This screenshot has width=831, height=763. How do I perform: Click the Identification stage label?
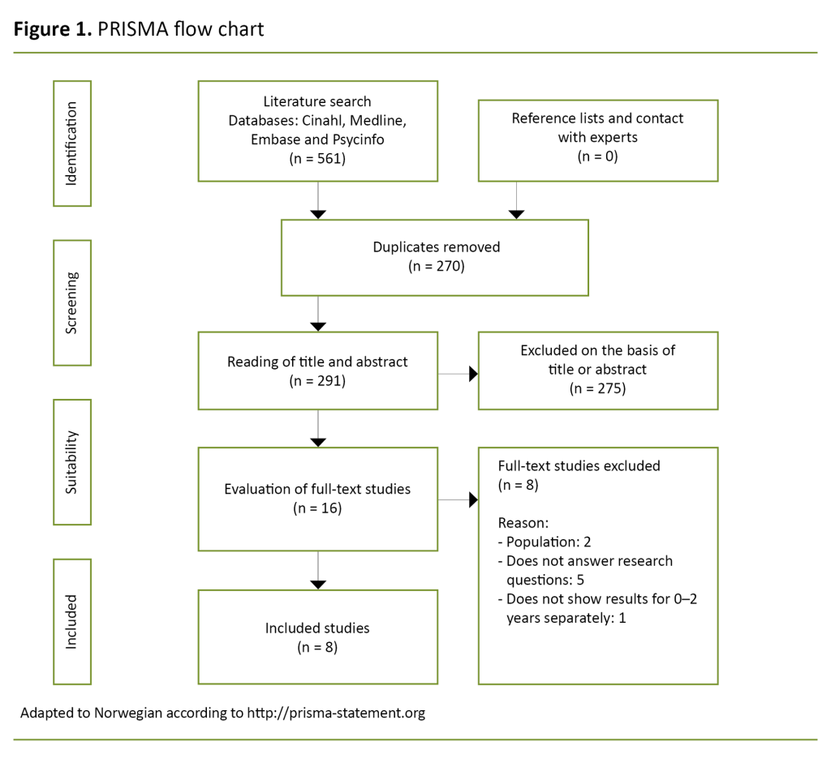coord(71,144)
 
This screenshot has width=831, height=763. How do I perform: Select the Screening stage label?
coord(71,302)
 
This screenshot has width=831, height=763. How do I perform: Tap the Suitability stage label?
coord(71,461)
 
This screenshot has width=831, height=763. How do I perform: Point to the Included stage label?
coord(71,621)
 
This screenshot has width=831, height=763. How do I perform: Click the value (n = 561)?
coord(317,158)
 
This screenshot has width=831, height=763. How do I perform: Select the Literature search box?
coord(317,131)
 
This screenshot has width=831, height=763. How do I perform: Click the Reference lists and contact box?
coord(597,140)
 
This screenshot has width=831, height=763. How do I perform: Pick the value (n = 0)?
coord(597,156)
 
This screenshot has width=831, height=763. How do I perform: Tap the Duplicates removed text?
coord(436,247)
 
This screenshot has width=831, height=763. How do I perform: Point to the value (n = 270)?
coord(436,266)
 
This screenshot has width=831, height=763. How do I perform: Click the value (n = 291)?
coord(317,379)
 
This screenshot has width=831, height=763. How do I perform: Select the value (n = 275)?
coord(597,388)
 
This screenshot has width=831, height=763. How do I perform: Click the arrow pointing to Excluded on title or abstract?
coord(473,374)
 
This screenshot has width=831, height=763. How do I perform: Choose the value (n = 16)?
coord(317,508)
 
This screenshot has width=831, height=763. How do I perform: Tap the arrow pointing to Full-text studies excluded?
coord(473,500)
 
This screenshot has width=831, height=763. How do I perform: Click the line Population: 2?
coord(550,542)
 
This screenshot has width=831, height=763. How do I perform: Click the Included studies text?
coord(317,628)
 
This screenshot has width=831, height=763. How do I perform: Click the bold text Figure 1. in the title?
coord(50,29)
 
